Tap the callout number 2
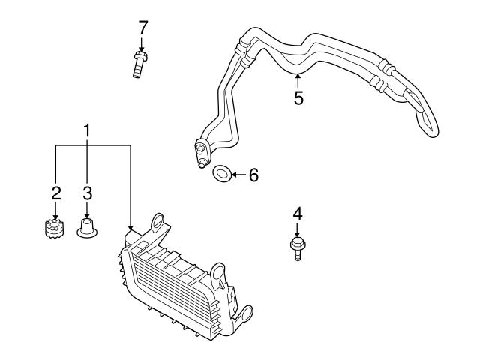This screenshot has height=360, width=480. [55, 193]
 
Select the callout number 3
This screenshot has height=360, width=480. [87, 193]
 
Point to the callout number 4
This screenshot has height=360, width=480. [297, 214]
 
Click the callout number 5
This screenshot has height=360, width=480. [298, 98]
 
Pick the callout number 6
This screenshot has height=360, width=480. [253, 175]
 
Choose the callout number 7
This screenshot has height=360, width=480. [142, 27]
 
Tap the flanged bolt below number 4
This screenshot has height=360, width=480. [297, 245]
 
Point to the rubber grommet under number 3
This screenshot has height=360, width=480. [87, 226]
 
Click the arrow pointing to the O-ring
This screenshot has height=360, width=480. [236, 175]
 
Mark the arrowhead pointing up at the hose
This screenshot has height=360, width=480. [298, 76]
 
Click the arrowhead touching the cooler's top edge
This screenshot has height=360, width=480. [130, 227]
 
